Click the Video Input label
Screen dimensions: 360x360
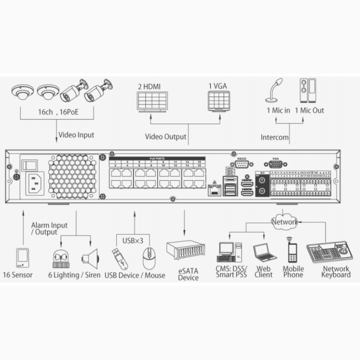77,135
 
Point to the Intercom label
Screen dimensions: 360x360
275,137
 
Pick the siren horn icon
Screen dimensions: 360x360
89,259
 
